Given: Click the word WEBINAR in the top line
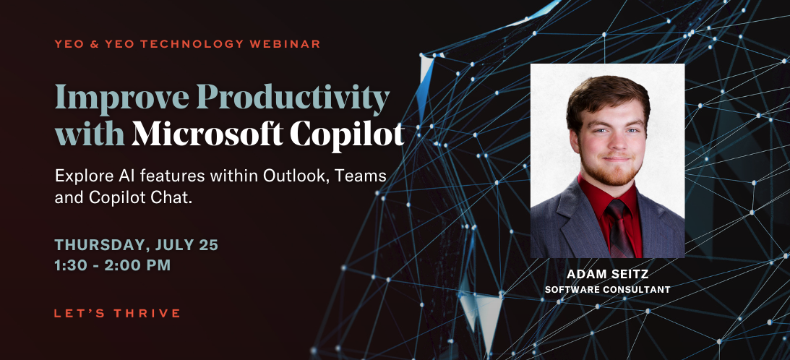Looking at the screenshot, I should (x=288, y=44).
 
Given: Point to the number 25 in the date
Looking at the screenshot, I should (x=208, y=244).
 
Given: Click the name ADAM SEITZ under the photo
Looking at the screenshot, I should (x=607, y=275).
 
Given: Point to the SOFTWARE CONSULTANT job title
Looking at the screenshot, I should (x=607, y=289).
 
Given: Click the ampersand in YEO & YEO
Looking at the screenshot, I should (x=90, y=44).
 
